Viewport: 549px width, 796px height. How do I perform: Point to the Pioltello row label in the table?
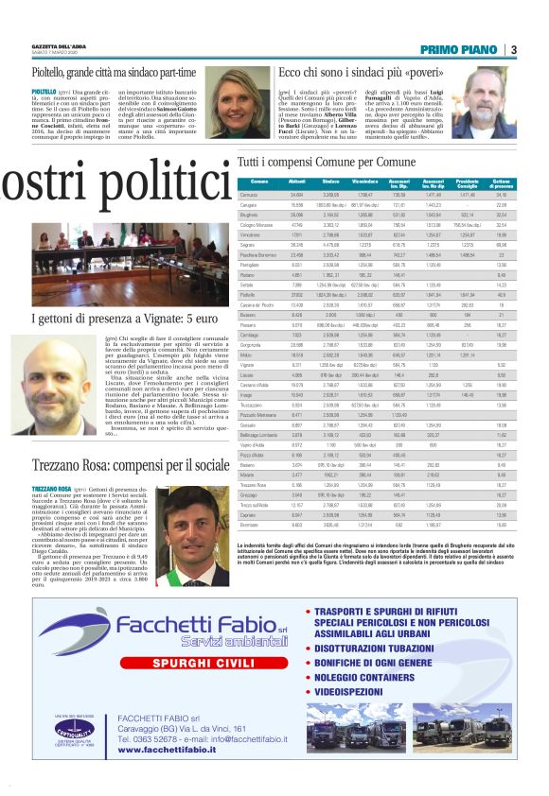249,296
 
